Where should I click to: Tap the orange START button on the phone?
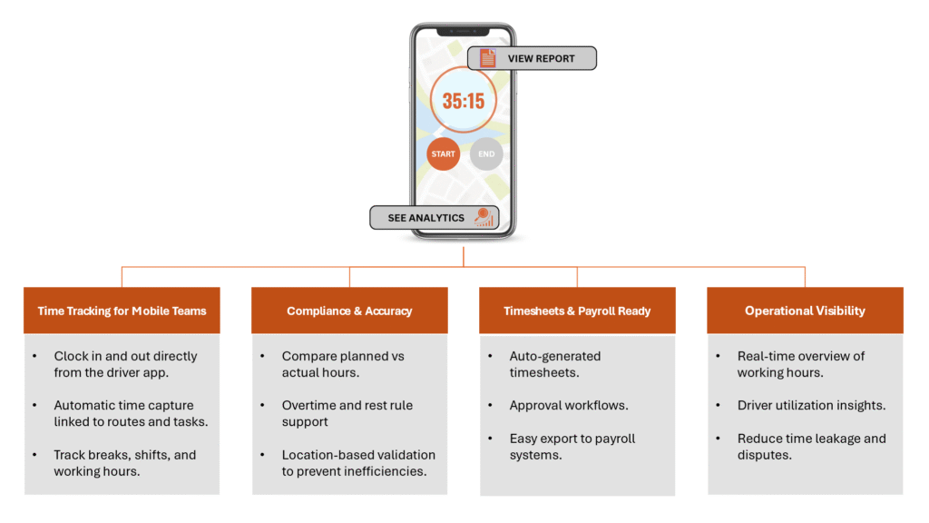tap(443, 154)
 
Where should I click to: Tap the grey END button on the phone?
tap(486, 154)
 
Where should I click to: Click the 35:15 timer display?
tap(464, 101)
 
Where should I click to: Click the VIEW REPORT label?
tap(541, 59)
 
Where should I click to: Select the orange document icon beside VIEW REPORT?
tap(488, 59)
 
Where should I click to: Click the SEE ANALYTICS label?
tap(425, 218)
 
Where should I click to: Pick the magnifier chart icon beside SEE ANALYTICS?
tap(484, 218)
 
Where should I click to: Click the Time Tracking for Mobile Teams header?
tap(122, 311)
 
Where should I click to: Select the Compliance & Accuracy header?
tap(349, 311)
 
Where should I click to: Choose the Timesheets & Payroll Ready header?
tap(577, 311)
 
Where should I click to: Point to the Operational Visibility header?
tap(805, 311)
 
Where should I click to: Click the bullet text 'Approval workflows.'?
tap(568, 406)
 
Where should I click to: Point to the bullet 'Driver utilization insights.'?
tap(811, 406)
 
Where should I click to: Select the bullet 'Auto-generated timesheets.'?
tap(554, 364)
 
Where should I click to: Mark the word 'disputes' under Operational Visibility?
tap(764, 455)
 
